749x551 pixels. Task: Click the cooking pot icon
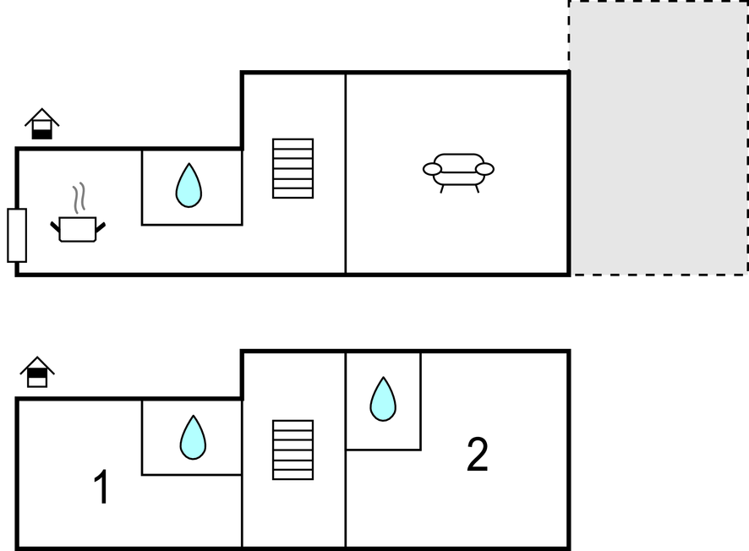(78, 229)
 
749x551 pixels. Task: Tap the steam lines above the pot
(79, 198)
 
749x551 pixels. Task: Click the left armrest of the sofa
(432, 169)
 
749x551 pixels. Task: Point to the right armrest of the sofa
(485, 169)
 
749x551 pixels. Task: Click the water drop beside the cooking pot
(189, 185)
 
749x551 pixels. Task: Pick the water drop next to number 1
(193, 438)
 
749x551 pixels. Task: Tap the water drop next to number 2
(383, 399)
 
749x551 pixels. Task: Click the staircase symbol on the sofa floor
(292, 168)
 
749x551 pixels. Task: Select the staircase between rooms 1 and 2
(292, 450)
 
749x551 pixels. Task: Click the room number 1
(101, 487)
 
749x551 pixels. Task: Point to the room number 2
(477, 454)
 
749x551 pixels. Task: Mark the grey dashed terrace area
(659, 138)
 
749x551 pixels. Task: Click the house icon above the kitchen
(42, 123)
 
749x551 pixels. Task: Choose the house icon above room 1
(37, 372)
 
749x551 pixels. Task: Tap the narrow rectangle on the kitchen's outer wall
(17, 236)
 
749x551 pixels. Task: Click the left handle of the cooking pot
(55, 226)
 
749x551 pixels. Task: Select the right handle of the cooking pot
(101, 226)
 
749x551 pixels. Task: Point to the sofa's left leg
(442, 189)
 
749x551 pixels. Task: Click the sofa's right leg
(477, 189)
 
